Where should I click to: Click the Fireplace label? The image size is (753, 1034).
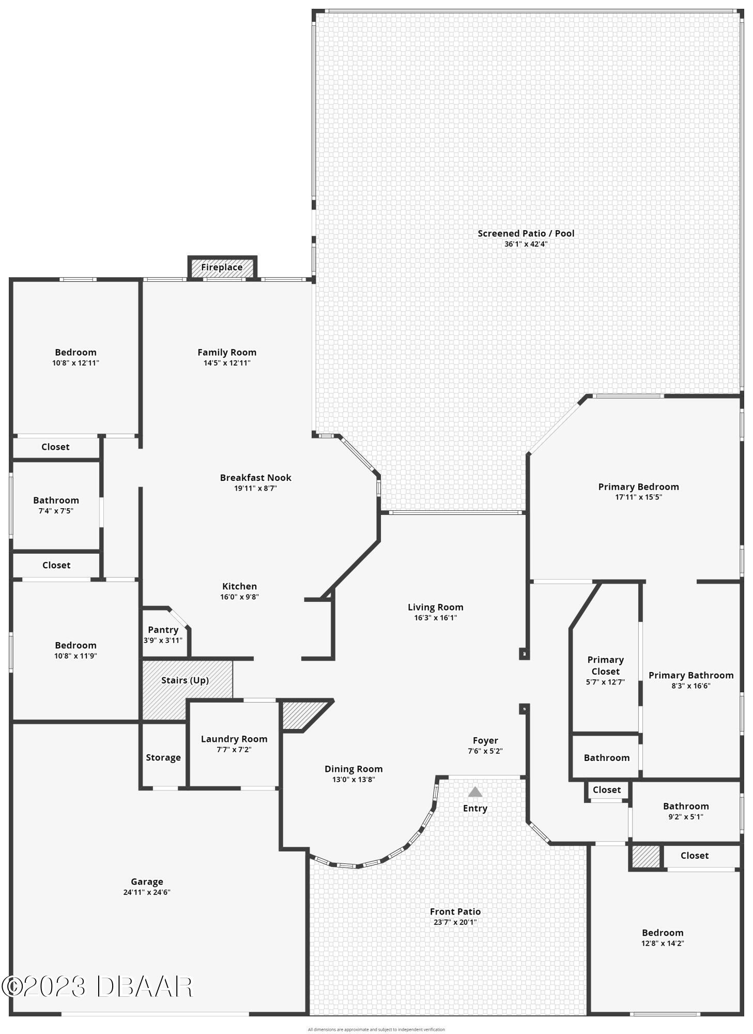point(222,267)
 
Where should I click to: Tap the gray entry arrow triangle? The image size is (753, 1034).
point(475,792)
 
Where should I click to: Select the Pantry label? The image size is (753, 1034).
point(163,630)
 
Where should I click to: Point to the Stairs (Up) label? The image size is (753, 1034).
point(185,680)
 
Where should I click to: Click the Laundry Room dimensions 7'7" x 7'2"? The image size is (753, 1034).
point(234,750)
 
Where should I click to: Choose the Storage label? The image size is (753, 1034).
point(163,757)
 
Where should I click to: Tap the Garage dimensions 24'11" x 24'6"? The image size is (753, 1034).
point(147,892)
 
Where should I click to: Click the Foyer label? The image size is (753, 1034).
point(485,740)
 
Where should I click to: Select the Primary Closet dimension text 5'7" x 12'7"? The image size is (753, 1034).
point(605,682)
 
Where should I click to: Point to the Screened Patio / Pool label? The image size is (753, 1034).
point(526,233)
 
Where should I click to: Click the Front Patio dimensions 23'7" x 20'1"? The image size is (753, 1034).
point(455,922)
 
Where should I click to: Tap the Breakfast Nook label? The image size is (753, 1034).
point(255,478)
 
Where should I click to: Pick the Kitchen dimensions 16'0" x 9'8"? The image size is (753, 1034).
point(239,597)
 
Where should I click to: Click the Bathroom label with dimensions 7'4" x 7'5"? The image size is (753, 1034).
point(56,500)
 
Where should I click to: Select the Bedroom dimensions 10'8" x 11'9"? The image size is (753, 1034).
point(75,656)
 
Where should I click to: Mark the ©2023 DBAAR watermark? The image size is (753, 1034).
point(97,986)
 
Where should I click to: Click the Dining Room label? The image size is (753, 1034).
point(354,769)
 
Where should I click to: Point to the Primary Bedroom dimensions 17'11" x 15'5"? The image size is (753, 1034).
point(638,497)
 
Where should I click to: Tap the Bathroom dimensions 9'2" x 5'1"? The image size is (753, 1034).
point(686,817)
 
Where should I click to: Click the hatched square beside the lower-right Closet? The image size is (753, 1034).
point(646,857)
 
